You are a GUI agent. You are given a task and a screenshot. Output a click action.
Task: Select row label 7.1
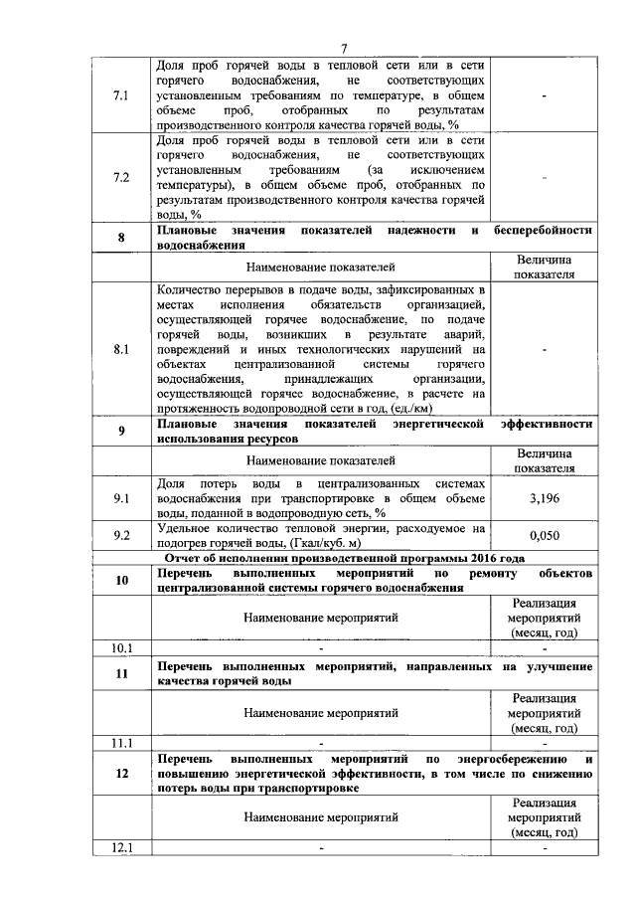click(122, 94)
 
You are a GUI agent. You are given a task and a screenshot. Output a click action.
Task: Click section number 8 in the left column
click(122, 238)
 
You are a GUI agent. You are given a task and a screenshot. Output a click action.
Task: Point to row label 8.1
click(122, 349)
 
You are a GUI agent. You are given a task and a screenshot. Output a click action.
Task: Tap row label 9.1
click(122, 496)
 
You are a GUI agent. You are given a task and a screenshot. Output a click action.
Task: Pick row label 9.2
click(122, 535)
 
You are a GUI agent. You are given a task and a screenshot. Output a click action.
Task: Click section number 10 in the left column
click(122, 581)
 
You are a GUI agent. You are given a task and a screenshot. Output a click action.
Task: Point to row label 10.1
click(122, 648)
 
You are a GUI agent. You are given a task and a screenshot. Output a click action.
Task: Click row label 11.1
click(122, 742)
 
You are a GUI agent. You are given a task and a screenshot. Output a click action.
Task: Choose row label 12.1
click(122, 847)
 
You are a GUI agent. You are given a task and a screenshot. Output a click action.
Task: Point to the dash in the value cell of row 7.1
click(544, 94)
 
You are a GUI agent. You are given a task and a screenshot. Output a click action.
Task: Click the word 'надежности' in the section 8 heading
click(419, 231)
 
